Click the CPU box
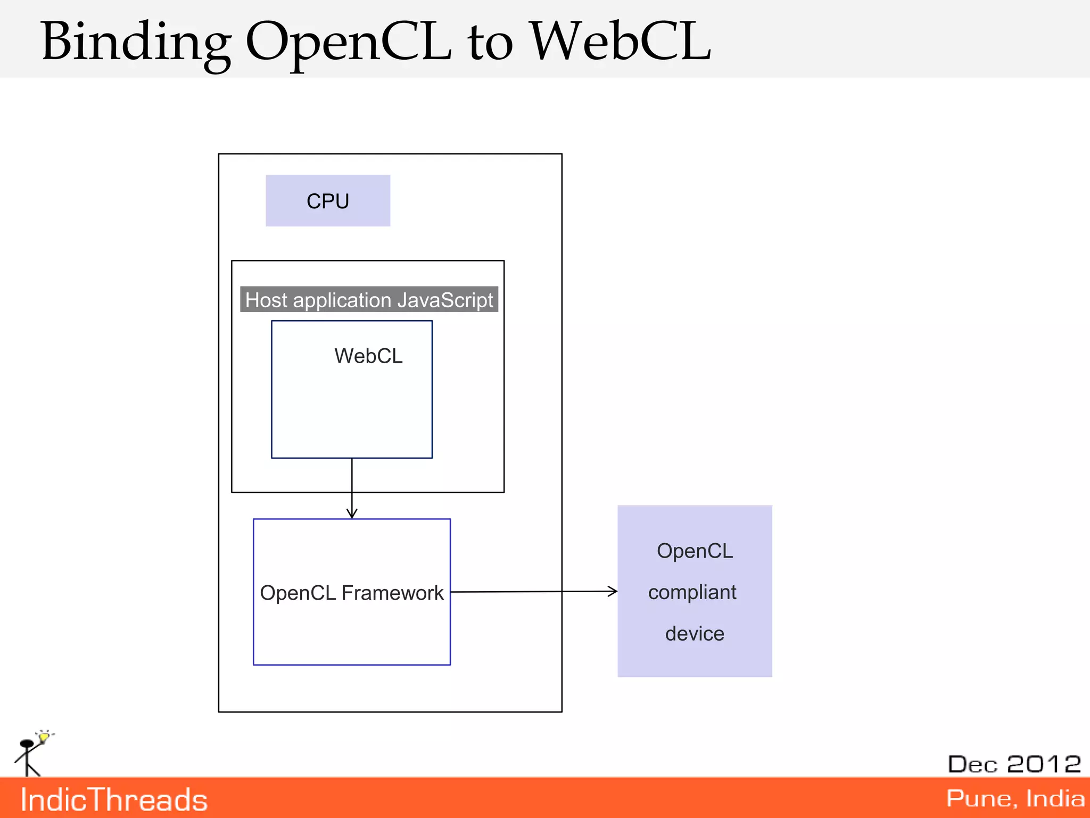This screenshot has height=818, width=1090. pos(328,201)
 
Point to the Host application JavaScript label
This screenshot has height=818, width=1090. pos(369,300)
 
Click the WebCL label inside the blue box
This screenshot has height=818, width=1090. pos(368,356)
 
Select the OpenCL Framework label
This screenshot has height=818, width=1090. pos(351,593)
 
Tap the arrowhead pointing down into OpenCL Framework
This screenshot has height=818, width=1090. pos(352,514)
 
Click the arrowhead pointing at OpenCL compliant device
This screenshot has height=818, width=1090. pos(613,591)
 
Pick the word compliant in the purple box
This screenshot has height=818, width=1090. pos(692,592)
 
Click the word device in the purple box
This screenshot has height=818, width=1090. pos(695,634)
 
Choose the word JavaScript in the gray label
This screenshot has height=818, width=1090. pos(445,300)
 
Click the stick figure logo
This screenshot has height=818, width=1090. pos(28,756)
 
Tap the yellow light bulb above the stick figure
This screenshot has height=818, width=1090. pos(44,737)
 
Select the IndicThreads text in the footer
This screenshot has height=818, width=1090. pos(114,800)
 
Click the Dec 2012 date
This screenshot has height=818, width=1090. pos(1014,764)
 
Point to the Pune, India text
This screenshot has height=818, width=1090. pos(1015,798)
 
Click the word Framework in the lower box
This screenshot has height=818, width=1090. pos(392,593)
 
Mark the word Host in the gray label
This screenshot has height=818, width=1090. pos(266,300)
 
